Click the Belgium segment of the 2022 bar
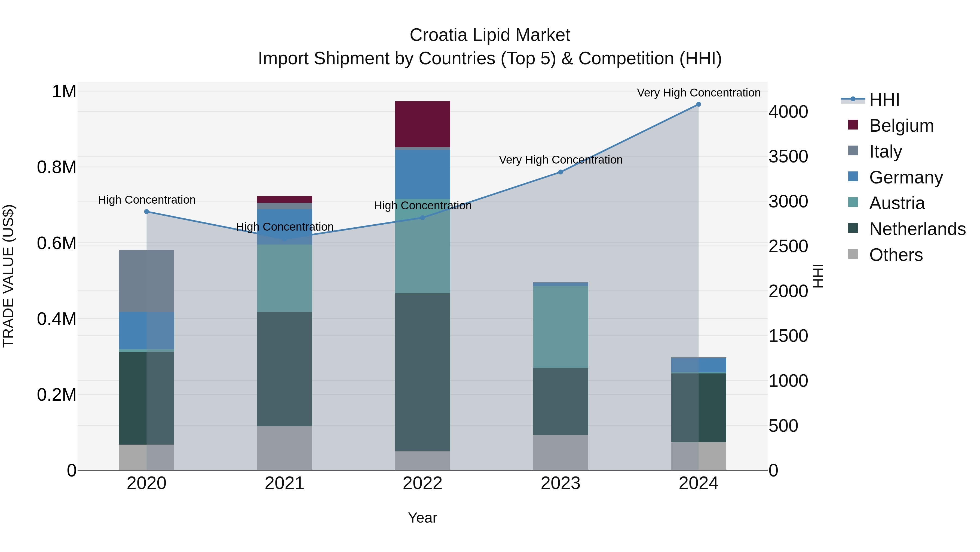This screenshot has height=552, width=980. [422, 124]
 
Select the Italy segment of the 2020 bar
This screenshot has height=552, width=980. [146, 281]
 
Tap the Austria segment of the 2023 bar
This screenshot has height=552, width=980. [561, 327]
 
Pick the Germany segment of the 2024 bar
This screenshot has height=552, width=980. [699, 364]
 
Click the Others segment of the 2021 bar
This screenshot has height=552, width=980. [284, 448]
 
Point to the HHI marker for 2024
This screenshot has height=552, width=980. [699, 104]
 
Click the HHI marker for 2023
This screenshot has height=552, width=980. [561, 172]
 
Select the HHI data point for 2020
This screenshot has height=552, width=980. [146, 212]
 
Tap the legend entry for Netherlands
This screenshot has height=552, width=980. [917, 229]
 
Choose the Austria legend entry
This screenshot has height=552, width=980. [896, 203]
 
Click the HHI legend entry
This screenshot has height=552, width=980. [884, 100]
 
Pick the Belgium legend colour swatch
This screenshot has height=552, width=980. [853, 125]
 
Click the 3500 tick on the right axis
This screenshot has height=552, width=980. [788, 156]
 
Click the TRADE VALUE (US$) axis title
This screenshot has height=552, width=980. [8, 276]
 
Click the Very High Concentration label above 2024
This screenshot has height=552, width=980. [699, 93]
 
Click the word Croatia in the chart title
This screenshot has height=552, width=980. [438, 35]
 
